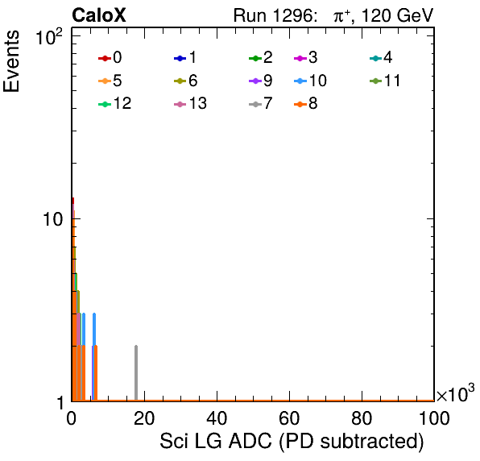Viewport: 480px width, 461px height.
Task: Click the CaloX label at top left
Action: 99,15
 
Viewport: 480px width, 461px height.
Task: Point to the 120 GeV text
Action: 397,15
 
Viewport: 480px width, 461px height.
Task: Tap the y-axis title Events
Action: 11,61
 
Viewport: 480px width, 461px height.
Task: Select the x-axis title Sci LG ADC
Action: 216,441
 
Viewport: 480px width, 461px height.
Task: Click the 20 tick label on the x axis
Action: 144,418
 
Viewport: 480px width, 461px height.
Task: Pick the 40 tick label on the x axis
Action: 217,418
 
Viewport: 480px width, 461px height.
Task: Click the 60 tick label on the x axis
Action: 289,418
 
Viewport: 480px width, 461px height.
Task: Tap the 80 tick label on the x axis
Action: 362,418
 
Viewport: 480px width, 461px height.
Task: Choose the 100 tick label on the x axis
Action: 434,418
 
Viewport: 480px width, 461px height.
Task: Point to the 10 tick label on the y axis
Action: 53,219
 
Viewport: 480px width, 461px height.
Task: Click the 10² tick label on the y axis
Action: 49,37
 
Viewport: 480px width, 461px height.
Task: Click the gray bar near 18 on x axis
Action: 136,373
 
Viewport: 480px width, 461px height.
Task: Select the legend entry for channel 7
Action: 260,103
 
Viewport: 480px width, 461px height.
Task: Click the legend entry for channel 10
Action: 310,81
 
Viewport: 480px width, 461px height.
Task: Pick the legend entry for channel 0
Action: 110,57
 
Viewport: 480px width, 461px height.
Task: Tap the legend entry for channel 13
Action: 190,103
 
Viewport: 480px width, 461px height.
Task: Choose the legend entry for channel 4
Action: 381,57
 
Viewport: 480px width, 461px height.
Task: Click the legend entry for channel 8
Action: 305,103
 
